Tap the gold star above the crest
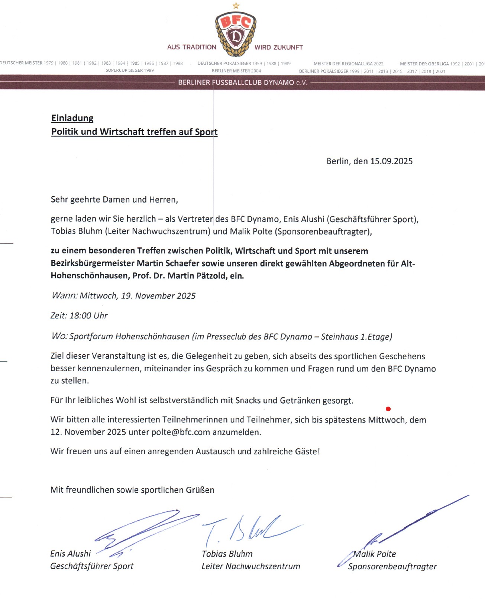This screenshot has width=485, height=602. [236, 6]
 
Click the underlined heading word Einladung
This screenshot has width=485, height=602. [72, 118]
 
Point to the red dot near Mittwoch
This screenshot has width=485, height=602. [388, 409]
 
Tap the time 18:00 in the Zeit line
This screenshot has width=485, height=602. [80, 316]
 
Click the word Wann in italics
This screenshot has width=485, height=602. [64, 296]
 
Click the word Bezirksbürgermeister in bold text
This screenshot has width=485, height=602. [93, 263]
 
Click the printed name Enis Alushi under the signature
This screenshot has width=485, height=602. [71, 554]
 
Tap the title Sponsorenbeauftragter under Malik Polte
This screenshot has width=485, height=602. [392, 567]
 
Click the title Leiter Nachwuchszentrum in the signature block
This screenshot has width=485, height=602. [251, 566]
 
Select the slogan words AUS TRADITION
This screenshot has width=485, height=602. [192, 47]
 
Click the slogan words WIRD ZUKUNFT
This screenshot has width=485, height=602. [279, 48]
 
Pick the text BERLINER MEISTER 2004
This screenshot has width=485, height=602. [236, 71]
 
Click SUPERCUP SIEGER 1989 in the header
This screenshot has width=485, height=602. [130, 71]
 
